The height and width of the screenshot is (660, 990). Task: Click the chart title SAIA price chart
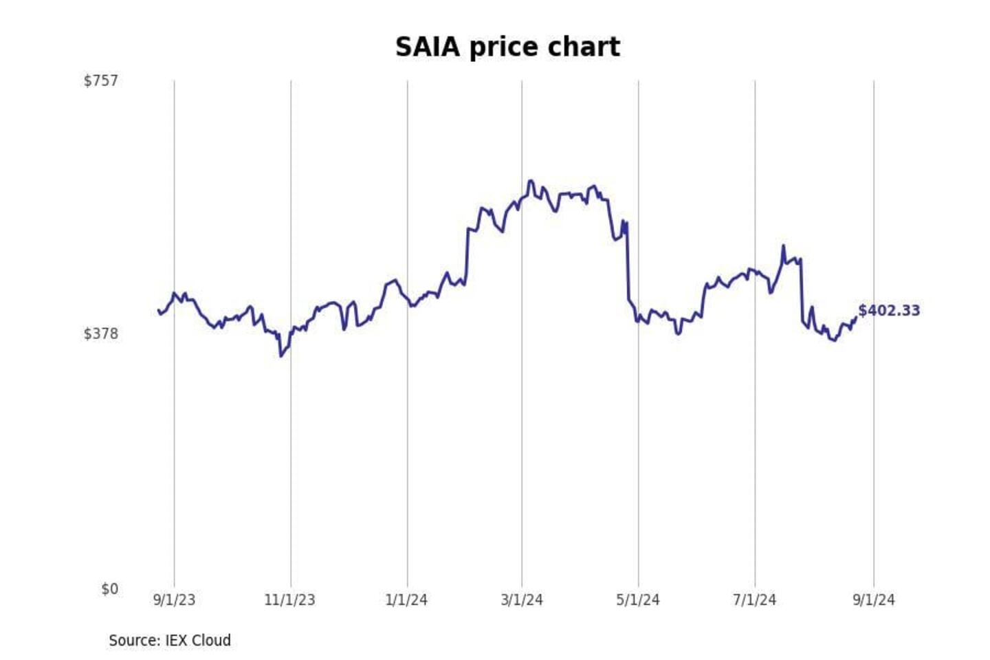[x=507, y=47]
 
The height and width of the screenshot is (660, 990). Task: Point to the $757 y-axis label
[x=101, y=80]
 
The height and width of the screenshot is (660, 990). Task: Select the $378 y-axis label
[x=101, y=333]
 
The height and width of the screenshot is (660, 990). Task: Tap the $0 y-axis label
[x=109, y=588]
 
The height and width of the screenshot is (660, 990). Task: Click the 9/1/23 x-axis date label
[x=174, y=599]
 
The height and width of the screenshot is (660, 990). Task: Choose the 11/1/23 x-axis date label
[x=289, y=599]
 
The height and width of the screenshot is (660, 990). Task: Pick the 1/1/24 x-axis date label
[x=406, y=599]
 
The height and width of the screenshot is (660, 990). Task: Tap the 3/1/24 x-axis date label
[x=522, y=599]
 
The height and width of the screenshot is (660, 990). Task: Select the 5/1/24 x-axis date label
[x=638, y=599]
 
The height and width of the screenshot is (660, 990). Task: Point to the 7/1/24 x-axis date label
[x=754, y=599]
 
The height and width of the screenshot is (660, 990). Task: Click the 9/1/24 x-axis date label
[x=874, y=599]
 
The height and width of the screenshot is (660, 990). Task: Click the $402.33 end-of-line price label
[x=889, y=310]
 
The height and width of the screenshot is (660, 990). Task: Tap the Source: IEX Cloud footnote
[x=170, y=640]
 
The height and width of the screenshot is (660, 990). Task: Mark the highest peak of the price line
[x=530, y=181]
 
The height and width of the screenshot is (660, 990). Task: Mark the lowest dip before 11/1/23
[x=280, y=355]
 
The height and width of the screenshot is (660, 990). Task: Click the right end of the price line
[x=856, y=317]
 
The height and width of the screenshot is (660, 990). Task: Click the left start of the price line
[x=158, y=311]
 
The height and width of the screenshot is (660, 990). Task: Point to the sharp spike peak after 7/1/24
[x=783, y=245]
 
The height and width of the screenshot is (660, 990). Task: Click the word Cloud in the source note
[x=211, y=640]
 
